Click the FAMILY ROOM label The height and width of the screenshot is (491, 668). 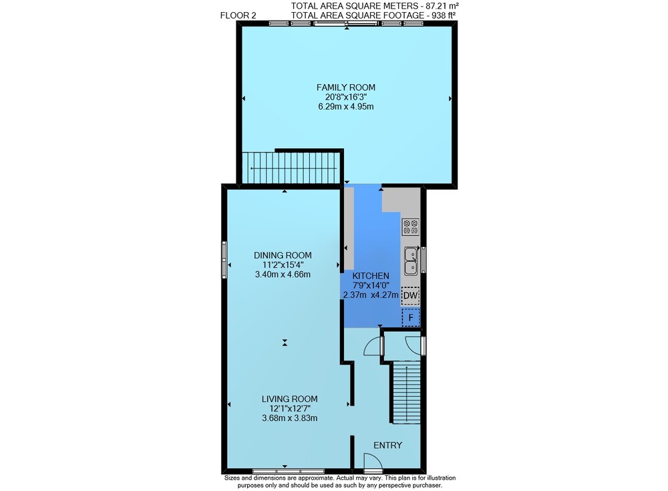(345, 88)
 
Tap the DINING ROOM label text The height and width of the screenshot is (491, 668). (283, 255)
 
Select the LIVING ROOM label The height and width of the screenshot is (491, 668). (290, 399)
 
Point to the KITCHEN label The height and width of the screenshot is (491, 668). (370, 276)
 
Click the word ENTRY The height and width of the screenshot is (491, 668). (387, 445)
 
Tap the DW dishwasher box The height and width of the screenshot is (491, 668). (411, 295)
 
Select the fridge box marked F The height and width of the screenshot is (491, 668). (411, 317)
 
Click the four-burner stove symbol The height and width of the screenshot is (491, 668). (411, 226)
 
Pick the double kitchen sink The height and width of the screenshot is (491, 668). (411, 261)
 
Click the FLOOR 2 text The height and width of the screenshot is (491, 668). (238, 16)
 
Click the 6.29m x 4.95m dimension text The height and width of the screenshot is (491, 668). (345, 107)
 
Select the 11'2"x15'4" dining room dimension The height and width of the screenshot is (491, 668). (283, 265)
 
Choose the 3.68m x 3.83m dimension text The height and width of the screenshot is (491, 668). (290, 418)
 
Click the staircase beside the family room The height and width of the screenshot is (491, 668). (291, 168)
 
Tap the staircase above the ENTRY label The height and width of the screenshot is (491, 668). (406, 392)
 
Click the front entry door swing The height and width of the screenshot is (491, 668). (373, 461)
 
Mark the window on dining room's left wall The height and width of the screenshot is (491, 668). (224, 260)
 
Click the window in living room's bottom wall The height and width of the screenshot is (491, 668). (289, 472)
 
